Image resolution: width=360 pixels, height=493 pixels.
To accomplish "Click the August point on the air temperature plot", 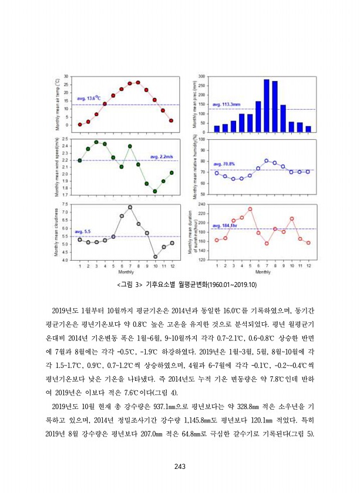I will click(138, 83).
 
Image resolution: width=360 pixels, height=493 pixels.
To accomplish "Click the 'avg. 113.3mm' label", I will click(226, 104).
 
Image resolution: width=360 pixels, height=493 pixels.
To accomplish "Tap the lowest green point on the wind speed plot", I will click(155, 191).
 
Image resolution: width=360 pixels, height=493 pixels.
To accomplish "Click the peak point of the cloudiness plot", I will click(130, 207).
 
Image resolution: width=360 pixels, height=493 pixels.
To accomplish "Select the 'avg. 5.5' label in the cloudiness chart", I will click(83, 232).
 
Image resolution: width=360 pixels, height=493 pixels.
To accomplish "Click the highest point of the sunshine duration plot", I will click(250, 209).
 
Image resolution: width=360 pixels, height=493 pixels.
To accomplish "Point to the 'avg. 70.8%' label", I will click(224, 164).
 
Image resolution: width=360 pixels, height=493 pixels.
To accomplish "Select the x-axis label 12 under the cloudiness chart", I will click(171, 266).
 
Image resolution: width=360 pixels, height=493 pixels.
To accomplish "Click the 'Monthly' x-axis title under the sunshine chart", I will click(263, 272).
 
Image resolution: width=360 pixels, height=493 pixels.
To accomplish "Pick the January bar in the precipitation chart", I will click(217, 129).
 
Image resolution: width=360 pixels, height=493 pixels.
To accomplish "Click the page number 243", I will click(180, 467).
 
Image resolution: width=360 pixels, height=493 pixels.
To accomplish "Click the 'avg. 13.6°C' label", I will click(89, 99).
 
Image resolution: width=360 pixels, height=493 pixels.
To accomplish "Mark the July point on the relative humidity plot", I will click(267, 161).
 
